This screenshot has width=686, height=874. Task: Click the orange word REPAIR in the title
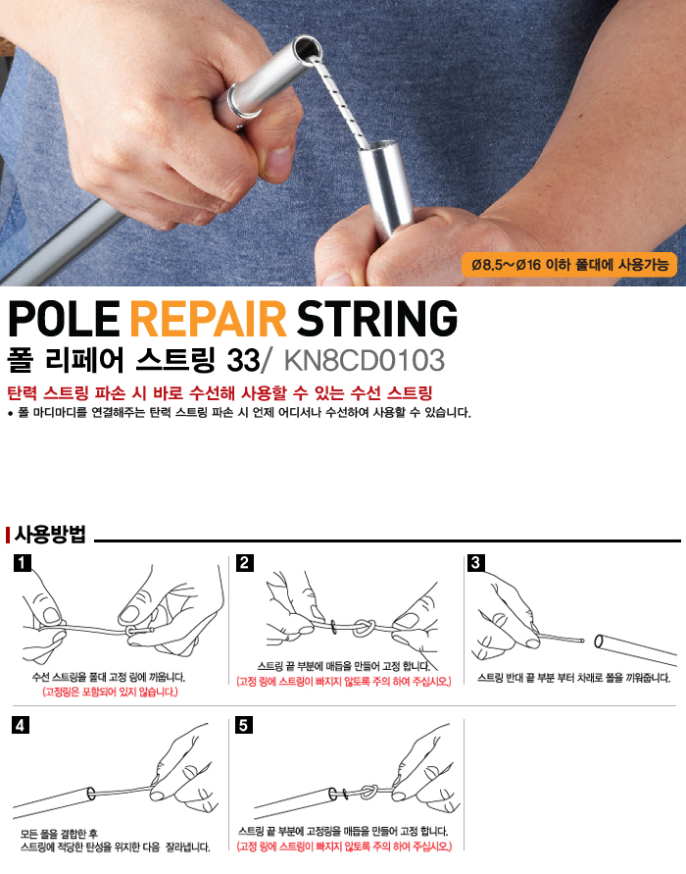click(x=208, y=318)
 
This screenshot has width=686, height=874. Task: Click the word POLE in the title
click(x=64, y=318)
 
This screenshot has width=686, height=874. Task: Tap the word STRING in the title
click(x=377, y=318)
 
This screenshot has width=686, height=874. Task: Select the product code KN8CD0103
click(x=365, y=361)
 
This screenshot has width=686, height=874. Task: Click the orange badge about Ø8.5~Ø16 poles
click(x=569, y=265)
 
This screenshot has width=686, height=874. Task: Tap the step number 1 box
click(x=22, y=563)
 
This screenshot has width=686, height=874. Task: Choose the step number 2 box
click(x=244, y=563)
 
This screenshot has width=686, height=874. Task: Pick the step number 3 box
click(x=475, y=563)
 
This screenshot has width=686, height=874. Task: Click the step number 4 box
click(x=21, y=725)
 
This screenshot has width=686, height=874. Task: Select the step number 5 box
click(x=243, y=725)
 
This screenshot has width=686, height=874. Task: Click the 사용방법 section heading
click(x=50, y=534)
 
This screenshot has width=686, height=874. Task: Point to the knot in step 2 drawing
click(x=364, y=627)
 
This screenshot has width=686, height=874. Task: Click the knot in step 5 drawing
click(x=369, y=792)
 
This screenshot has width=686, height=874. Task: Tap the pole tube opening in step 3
click(x=599, y=641)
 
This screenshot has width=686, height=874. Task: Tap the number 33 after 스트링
click(x=243, y=361)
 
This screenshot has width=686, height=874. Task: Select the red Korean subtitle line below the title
click(x=220, y=393)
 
